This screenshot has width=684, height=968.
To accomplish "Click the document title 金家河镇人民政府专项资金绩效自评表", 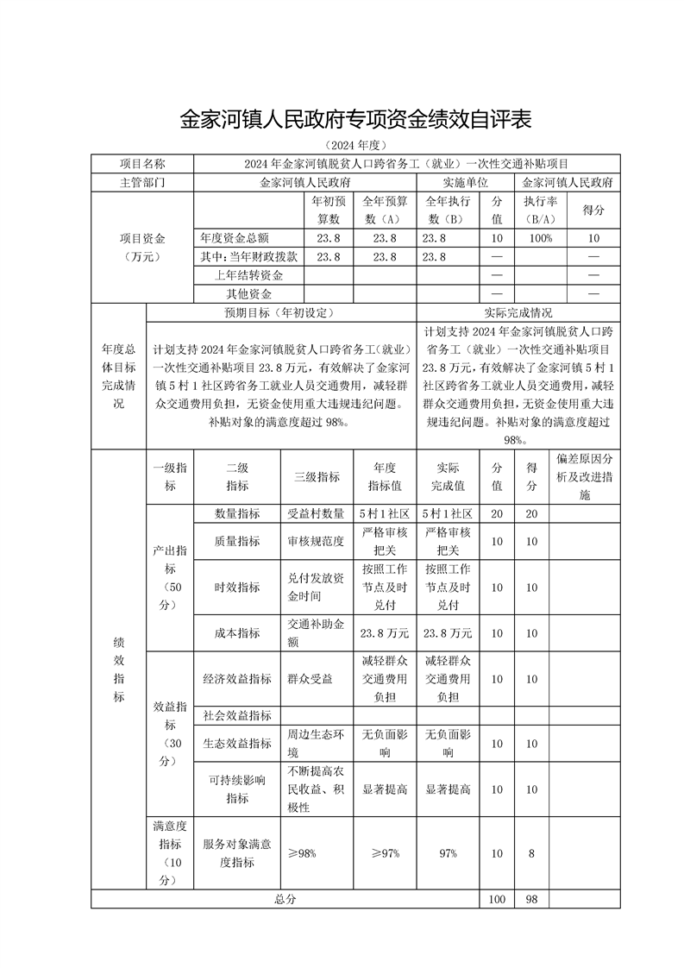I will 342,119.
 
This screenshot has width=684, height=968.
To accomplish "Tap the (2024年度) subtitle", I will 342,145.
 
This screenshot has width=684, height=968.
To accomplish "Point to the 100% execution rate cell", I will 541,238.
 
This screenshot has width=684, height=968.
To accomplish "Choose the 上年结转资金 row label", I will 248,275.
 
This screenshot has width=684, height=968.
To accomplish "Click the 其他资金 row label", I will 248,294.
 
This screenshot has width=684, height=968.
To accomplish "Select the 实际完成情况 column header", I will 518,312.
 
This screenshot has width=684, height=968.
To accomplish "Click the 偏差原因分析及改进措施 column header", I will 585,477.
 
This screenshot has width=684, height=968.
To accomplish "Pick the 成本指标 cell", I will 237,632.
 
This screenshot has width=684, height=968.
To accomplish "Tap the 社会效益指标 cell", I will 237,716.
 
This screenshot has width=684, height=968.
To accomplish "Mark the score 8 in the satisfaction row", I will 531,853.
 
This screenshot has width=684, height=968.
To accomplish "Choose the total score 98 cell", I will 531,899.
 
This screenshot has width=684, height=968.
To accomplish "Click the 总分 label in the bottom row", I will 286,899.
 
